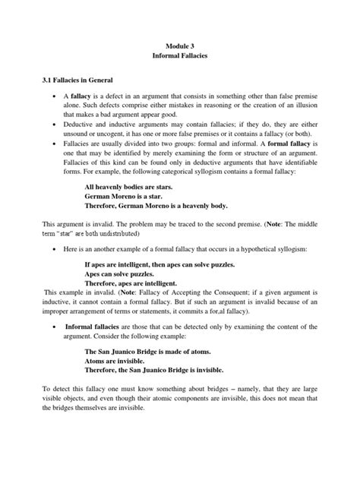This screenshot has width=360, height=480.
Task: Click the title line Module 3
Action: click(x=180, y=46)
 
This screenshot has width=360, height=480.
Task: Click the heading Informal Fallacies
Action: click(x=180, y=59)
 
